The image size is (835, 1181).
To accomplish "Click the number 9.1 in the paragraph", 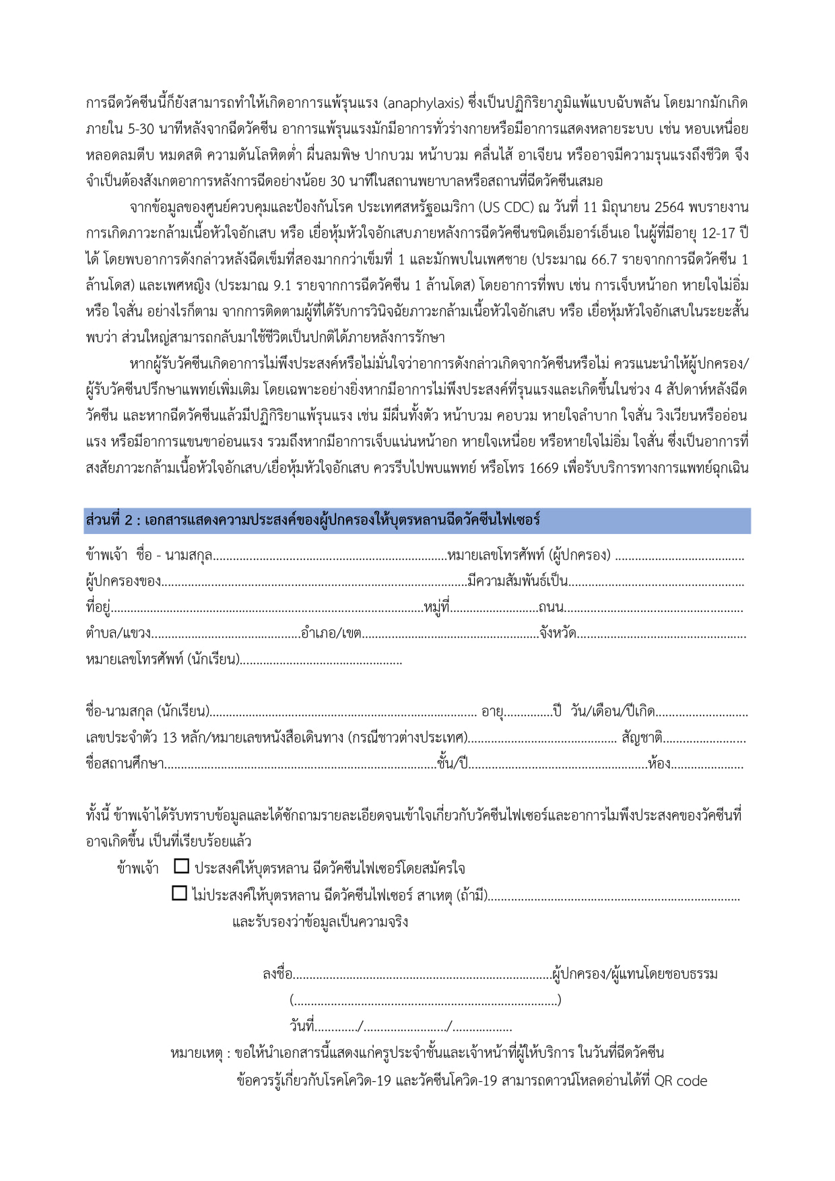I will click(282, 285).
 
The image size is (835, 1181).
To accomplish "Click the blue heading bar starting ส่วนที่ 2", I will click(417, 521).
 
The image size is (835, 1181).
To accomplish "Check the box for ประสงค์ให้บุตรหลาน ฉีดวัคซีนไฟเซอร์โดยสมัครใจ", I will click(181, 867).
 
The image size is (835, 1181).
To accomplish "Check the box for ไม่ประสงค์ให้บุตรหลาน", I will click(179, 893).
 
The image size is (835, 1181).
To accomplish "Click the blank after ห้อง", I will click(708, 765).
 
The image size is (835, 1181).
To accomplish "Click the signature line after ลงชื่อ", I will click(422, 975).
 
